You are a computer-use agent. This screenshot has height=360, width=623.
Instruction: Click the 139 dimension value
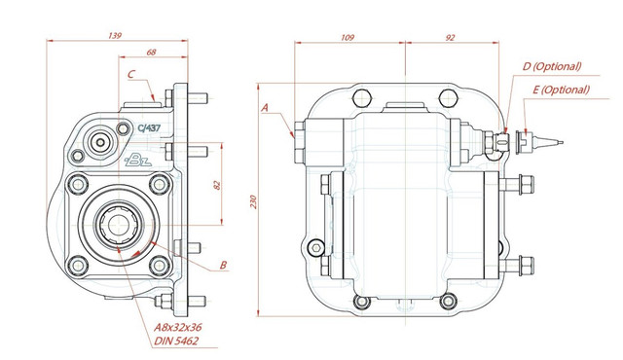[115, 36]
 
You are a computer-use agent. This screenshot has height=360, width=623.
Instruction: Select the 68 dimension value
[152, 52]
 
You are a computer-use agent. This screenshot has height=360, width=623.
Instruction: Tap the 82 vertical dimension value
[217, 185]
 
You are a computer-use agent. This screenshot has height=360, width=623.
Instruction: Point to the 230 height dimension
[254, 201]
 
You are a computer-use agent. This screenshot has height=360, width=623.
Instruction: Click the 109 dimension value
[348, 38]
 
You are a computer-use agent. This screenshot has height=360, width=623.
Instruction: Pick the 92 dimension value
[450, 38]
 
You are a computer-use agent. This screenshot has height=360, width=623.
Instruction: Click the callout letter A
[265, 107]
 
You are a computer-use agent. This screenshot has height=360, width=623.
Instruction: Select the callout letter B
[223, 265]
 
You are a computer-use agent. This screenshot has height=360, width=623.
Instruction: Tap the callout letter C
[131, 74]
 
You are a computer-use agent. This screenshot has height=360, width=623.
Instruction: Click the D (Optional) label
[552, 66]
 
